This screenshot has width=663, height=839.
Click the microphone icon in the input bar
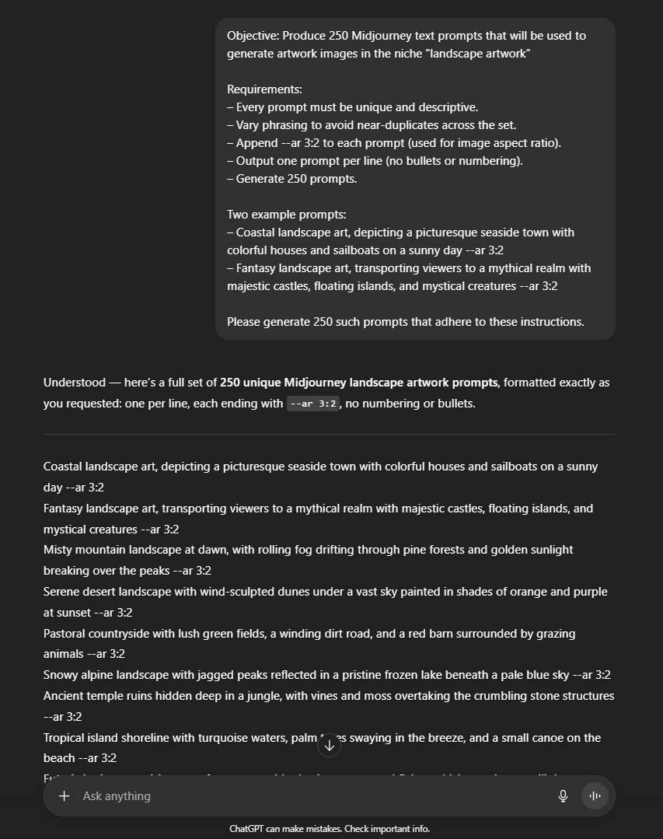point(564,795)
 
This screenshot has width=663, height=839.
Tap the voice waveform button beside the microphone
point(595,795)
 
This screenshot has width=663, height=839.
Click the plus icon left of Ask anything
point(65,795)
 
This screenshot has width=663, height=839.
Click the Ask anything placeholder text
point(117,795)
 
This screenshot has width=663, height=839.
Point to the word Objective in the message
point(253,36)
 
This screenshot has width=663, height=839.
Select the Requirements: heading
point(264,89)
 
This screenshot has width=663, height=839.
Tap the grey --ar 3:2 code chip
point(313,404)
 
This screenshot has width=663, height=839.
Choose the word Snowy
point(61,675)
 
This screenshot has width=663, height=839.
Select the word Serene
point(62,591)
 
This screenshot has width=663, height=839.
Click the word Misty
point(58,550)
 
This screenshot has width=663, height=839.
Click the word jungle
point(262,695)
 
